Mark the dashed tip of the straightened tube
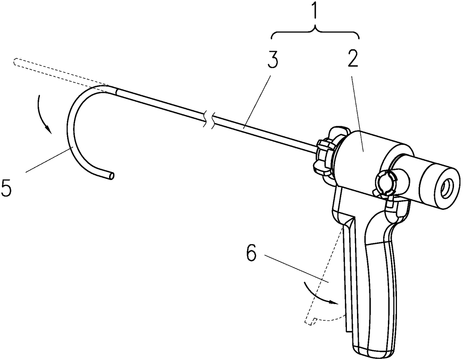14,62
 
